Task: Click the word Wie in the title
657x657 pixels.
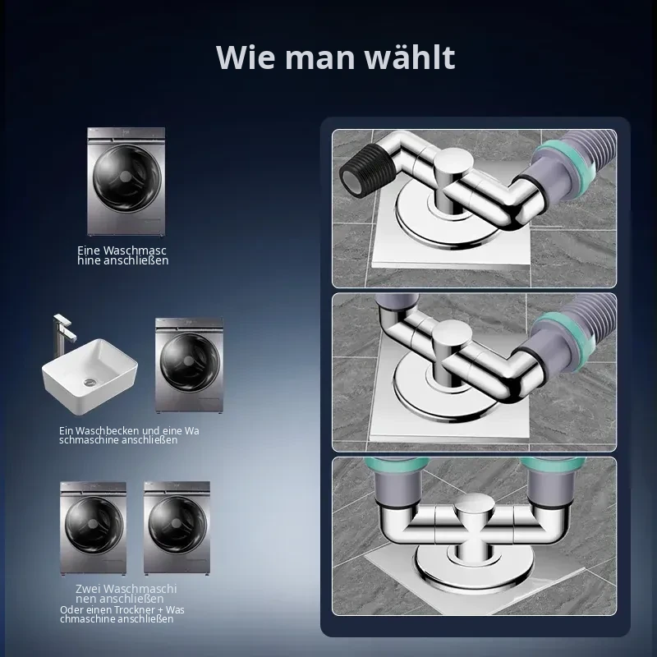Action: pos(245,57)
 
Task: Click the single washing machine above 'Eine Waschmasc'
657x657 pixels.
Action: pos(126,181)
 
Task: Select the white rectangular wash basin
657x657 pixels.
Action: pos(90,376)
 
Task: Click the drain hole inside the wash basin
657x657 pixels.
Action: pos(90,382)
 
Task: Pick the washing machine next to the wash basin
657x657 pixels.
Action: pos(189,365)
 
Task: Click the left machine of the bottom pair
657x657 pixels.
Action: pos(93,528)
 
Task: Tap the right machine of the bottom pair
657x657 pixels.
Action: pos(177,527)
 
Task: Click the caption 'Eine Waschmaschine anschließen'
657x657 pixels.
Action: pos(122,255)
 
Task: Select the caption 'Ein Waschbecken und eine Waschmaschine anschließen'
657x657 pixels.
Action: pos(129,435)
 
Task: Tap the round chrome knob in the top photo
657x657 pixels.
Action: pos(453,166)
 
